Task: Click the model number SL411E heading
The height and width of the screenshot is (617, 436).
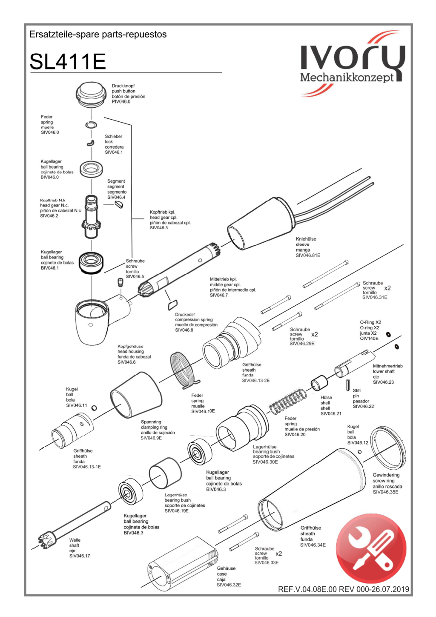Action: click(x=68, y=61)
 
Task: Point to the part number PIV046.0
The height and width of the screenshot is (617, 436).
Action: click(x=121, y=102)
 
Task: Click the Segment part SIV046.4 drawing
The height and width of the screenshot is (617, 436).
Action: click(x=119, y=205)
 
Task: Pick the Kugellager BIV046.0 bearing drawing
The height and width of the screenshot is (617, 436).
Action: click(x=91, y=169)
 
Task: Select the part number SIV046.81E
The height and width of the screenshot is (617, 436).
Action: click(x=308, y=255)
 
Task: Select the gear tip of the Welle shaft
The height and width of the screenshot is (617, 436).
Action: click(x=46, y=540)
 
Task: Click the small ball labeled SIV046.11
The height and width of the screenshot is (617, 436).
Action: click(x=94, y=408)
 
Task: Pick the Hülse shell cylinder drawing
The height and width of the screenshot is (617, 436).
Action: click(x=319, y=383)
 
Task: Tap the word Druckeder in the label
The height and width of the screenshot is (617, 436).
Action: click(x=185, y=315)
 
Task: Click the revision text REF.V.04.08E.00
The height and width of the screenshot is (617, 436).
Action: click(x=307, y=589)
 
